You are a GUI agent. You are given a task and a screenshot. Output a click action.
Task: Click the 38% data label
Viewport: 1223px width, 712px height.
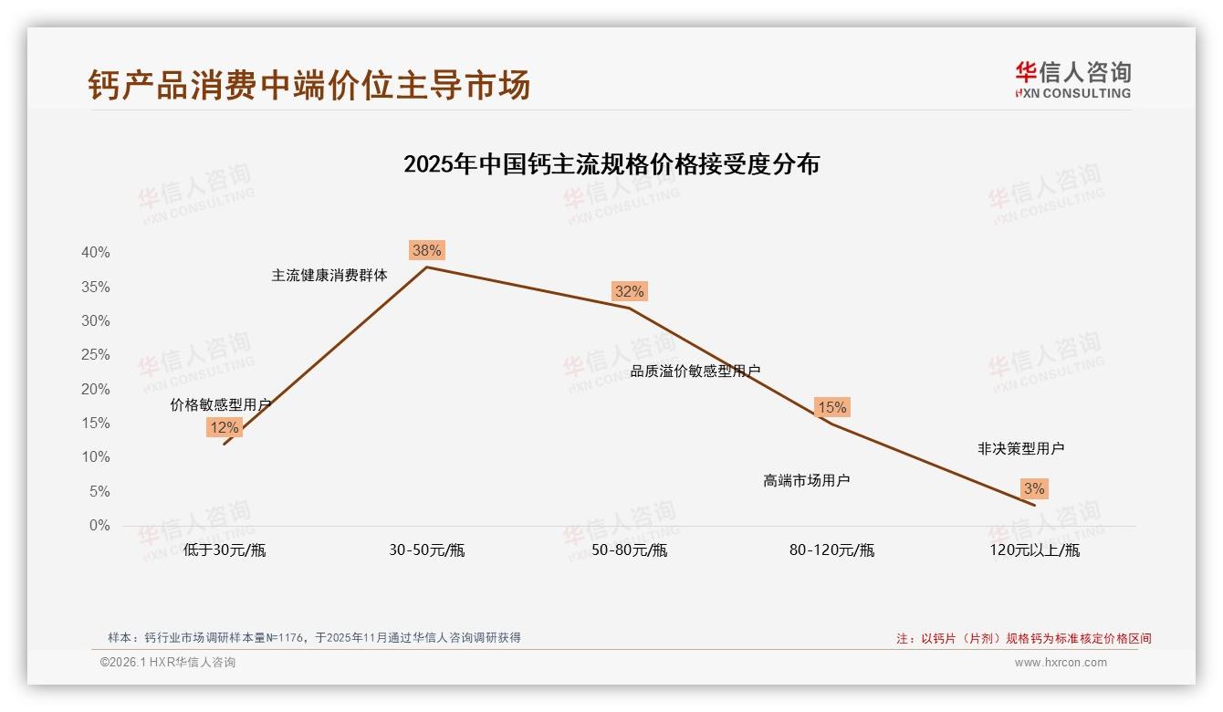426,250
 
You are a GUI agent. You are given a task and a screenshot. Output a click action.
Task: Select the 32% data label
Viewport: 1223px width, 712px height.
629,291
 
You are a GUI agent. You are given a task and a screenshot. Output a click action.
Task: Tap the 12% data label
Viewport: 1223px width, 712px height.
224,427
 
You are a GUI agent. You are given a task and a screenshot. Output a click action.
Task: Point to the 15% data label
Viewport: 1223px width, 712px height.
831,407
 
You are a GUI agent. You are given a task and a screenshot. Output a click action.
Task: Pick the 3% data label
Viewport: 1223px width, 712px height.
1033,488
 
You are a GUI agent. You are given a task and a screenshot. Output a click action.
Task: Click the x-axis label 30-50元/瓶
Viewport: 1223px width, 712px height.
426,550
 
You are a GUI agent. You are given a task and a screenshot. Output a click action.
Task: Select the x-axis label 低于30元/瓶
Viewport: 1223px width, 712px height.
225,550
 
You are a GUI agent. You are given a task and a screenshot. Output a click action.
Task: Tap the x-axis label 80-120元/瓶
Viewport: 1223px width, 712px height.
831,550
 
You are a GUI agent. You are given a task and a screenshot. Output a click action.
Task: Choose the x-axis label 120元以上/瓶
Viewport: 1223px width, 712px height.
1034,550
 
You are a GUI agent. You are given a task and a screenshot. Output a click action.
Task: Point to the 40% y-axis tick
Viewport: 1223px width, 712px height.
95,252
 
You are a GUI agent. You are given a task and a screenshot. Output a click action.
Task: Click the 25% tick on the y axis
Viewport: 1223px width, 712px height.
95,354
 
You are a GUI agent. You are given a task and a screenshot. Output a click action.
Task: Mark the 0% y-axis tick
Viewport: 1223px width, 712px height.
99,525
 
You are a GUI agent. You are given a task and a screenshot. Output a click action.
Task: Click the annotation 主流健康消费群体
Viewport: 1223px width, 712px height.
329,275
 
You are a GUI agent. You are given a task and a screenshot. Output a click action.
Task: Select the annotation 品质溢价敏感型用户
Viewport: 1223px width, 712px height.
695,371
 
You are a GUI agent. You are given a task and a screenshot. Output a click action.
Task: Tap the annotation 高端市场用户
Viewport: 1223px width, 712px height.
807,480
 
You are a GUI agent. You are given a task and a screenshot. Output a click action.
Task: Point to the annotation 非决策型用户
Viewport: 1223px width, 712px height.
1020,448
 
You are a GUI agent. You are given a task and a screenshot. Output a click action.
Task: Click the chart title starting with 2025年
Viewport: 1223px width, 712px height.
611,164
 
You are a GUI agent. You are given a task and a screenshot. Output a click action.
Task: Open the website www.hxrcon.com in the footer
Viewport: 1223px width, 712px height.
1061,663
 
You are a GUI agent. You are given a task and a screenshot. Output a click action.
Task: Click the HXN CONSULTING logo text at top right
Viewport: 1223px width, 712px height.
1072,93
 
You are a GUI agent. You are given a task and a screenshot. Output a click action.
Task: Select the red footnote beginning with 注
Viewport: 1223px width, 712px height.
1023,638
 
